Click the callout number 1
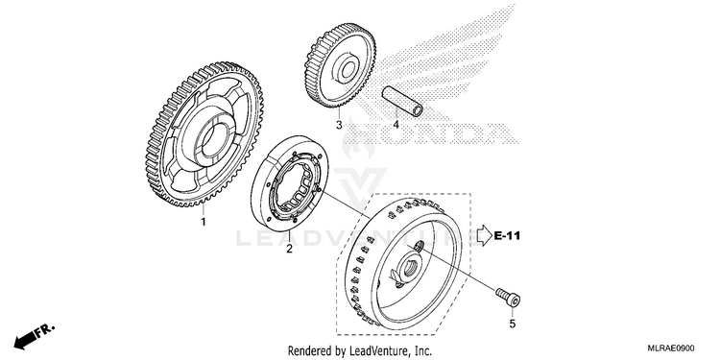pos(203,223)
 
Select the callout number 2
pos(289,249)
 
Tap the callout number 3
pos(339,125)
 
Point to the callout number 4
pos(396,125)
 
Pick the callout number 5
pos(513,324)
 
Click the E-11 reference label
pos(508,236)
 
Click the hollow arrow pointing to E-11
pos(484,235)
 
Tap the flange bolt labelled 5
pos(508,298)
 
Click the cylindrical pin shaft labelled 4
pos(402,102)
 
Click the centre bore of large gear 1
pos(212,139)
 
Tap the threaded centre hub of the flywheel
pos(407,270)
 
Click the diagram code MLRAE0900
pos(671,348)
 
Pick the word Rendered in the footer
pos(305,350)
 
